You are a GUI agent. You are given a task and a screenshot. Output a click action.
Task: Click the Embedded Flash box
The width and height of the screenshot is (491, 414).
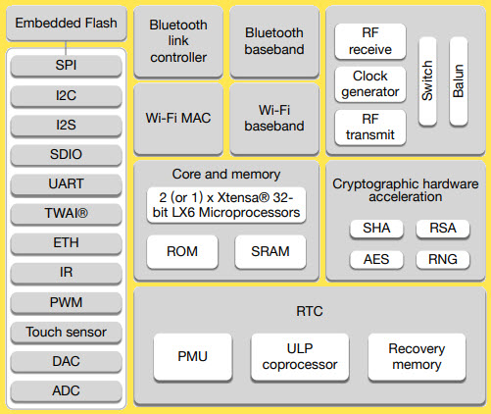[66, 24]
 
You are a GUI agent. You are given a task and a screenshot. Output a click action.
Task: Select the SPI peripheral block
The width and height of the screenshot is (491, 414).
[66, 66]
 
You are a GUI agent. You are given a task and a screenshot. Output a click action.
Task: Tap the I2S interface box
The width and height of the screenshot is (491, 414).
[66, 125]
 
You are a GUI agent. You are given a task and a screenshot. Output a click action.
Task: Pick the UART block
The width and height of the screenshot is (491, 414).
[66, 183]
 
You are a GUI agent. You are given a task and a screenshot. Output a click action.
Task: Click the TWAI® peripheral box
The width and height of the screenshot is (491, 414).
[66, 213]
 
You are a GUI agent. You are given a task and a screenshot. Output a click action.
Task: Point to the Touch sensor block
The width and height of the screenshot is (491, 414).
[66, 332]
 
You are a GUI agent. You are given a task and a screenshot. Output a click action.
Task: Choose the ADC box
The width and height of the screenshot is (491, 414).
[66, 390]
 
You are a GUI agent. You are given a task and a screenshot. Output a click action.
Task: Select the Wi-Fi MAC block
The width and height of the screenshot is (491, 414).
[178, 119]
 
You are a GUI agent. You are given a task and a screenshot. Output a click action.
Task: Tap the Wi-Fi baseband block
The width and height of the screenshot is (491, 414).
[273, 119]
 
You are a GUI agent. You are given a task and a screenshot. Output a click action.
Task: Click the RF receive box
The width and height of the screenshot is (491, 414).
[369, 41]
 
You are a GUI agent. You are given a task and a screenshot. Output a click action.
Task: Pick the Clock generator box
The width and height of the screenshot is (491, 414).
[369, 84]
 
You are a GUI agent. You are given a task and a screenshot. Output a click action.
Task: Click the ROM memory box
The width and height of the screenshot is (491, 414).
[182, 251]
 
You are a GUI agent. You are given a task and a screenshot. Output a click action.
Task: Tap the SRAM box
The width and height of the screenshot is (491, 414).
[270, 251]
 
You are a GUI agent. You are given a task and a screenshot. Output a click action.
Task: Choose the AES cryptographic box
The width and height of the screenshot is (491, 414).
[375, 260]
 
